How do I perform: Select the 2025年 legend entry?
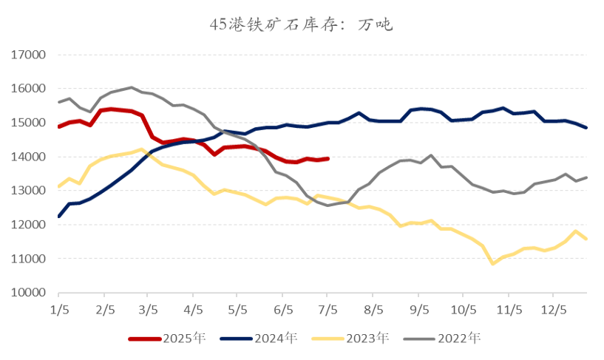coord(166,339)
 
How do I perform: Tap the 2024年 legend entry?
coord(258,339)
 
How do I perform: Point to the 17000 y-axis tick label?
coord(30,55)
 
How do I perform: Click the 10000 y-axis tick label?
coord(30,293)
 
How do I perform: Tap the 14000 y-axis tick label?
coord(30,157)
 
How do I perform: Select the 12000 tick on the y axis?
coord(30,225)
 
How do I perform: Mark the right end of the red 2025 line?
coord(328,158)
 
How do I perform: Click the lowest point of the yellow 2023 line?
coord(492,263)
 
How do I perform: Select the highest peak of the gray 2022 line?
coord(131,87)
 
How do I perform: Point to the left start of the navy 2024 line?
coord(58,217)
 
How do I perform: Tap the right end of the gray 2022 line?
coord(587,177)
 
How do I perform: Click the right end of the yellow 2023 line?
coord(587,239)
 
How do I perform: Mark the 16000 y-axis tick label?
coord(30,89)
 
